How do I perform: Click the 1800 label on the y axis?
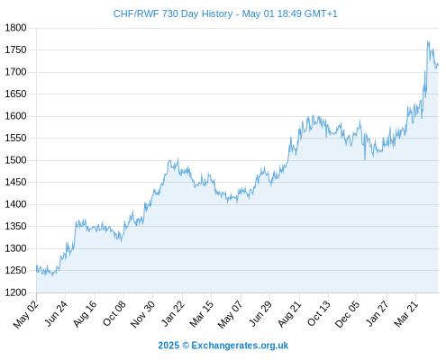(x=15, y=28)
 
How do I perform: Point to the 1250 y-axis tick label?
(x=15, y=270)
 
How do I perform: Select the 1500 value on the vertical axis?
(x=15, y=160)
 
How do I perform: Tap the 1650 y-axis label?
(x=15, y=94)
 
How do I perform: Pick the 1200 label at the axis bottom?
(x=15, y=292)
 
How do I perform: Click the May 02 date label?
(x=26, y=314)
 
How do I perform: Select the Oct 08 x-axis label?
(x=114, y=313)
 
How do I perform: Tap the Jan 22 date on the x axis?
(x=172, y=313)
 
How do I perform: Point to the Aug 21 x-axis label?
(x=289, y=313)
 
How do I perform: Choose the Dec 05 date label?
(x=347, y=314)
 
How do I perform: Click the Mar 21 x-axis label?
(x=406, y=314)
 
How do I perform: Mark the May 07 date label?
(x=230, y=314)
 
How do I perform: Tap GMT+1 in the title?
(x=321, y=13)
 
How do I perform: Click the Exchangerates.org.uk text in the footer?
(x=240, y=346)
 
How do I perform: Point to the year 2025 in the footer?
(x=168, y=346)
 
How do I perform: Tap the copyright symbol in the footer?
(x=186, y=346)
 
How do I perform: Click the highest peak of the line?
(x=428, y=41)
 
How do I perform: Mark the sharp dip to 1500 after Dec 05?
(x=365, y=159)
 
